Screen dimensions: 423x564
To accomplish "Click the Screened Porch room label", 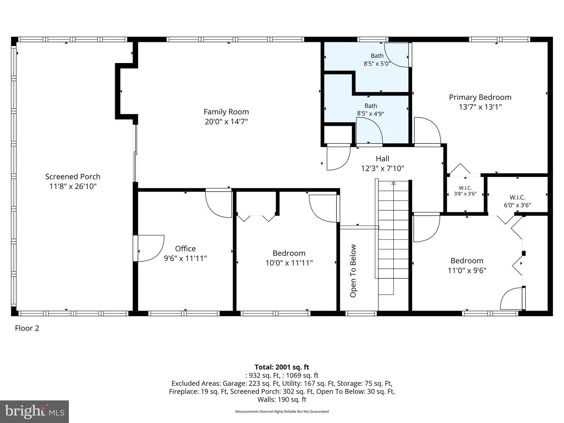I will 73,177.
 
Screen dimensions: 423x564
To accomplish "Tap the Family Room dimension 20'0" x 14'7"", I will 226,122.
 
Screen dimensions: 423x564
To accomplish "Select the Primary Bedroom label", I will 480,98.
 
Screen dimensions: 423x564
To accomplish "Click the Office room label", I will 185,249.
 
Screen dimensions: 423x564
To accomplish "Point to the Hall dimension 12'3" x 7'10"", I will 382,168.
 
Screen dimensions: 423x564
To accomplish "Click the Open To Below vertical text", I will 353,271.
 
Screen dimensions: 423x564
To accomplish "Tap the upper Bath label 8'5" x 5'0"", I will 377,60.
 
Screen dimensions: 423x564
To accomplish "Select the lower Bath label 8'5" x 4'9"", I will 371,110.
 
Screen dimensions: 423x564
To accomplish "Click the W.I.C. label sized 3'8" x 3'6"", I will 465,191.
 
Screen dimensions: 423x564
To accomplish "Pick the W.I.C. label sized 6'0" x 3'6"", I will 517,201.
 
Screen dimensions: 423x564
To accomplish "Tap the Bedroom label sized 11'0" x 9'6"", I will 466,265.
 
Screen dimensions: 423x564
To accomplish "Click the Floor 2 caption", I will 27,328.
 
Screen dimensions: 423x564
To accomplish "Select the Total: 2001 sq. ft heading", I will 282,367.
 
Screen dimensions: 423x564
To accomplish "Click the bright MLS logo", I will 34,411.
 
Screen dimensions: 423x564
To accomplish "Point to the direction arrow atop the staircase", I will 393,183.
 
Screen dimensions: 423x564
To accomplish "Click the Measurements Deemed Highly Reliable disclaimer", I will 282,412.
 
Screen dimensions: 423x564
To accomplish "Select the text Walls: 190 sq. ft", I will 282,399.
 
